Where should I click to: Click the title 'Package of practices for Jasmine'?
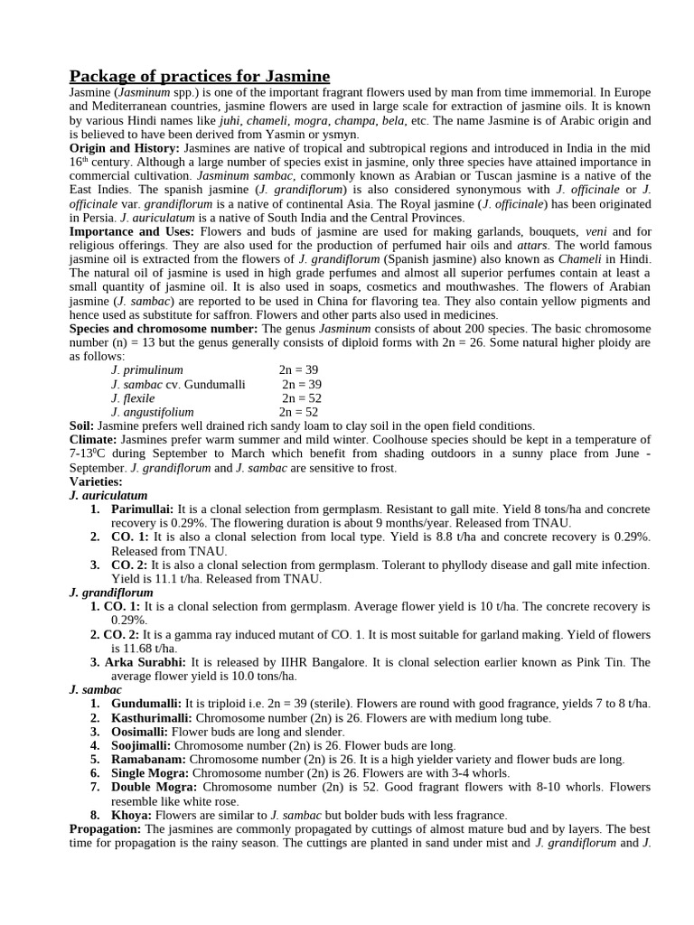(200, 75)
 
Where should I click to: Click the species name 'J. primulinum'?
(147, 370)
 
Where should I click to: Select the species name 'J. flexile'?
(133, 398)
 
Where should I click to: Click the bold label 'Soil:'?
(84, 426)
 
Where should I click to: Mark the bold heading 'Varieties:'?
(96, 481)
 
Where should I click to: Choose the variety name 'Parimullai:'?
(144, 509)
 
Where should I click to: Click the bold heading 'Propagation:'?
(106, 829)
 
